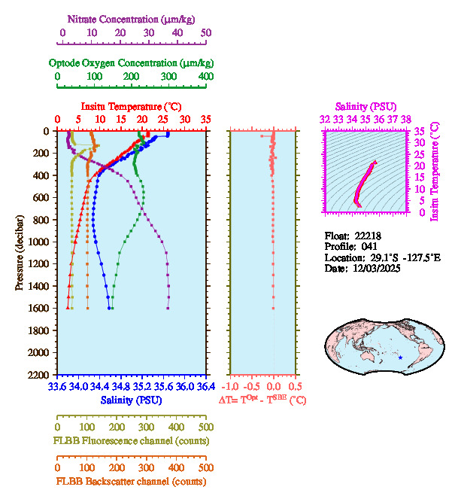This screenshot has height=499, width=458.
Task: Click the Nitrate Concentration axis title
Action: (132, 17)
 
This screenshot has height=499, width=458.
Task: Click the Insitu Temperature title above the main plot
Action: (132, 107)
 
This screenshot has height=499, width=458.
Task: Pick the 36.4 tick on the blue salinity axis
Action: (205, 387)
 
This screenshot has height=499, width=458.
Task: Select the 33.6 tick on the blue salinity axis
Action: (56, 387)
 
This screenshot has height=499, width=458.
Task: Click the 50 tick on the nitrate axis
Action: (206, 33)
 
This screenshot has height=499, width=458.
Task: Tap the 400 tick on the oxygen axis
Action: (206, 77)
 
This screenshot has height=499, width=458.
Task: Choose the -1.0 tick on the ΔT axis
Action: (231, 387)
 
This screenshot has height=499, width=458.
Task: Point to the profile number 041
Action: (369, 246)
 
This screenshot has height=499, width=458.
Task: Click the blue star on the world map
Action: (401, 357)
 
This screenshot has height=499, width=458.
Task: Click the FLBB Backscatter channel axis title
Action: (132, 482)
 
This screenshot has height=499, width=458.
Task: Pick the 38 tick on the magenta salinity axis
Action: (406, 119)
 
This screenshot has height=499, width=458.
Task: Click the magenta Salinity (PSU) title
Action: (365, 108)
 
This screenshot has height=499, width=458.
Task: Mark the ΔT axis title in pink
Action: (262, 400)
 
